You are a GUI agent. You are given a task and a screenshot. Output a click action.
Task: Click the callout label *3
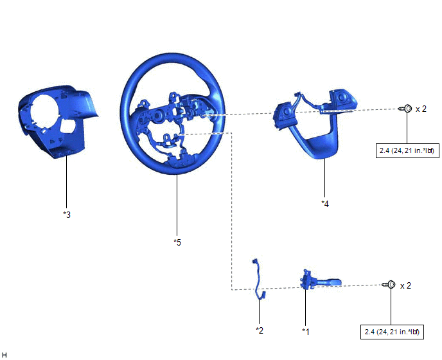click(x=67, y=215)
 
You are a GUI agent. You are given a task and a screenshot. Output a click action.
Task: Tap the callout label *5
click(x=177, y=242)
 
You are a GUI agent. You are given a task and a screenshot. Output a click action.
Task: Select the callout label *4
click(x=325, y=204)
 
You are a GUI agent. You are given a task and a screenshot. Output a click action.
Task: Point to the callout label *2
click(x=260, y=330)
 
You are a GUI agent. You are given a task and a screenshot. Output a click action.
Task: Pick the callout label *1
click(x=306, y=332)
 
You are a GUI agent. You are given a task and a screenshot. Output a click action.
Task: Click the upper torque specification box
click(x=407, y=150)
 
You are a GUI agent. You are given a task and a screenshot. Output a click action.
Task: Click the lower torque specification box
click(x=392, y=332)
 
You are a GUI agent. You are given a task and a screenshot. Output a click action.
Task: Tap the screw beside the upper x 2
click(x=405, y=109)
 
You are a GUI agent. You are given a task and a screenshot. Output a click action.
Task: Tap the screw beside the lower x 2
click(x=389, y=284)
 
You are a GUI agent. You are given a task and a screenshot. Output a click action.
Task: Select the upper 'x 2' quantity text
click(x=421, y=109)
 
